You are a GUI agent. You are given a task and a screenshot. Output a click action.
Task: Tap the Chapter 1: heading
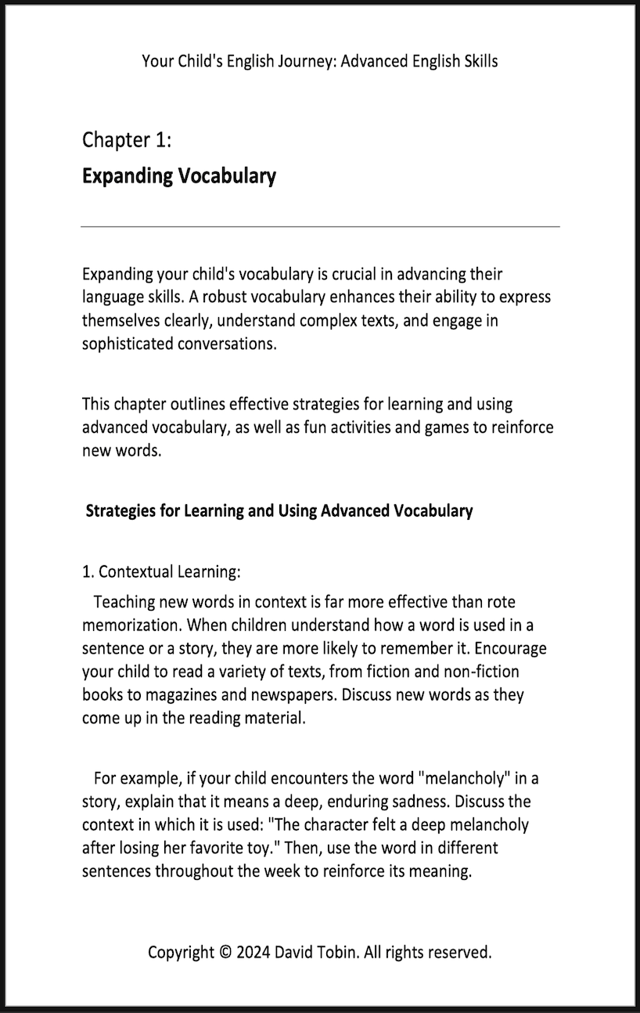tap(127, 140)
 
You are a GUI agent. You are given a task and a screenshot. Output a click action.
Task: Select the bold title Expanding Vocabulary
tap(178, 175)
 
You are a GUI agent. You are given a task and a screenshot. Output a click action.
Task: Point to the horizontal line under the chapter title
tap(320, 226)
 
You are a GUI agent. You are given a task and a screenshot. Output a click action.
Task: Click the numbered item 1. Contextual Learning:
tap(161, 571)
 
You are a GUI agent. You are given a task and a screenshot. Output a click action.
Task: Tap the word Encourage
tap(510, 649)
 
